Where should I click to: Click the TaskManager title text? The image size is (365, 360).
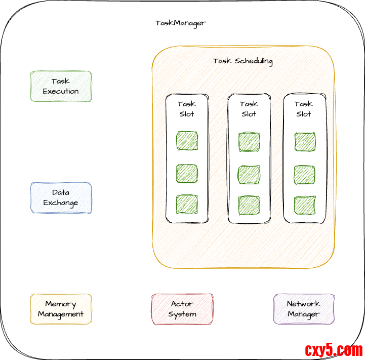180,23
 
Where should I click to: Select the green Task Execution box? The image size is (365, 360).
61,86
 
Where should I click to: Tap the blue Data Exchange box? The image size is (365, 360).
61,197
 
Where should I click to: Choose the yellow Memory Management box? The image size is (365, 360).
61,309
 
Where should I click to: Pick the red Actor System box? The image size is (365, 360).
182,309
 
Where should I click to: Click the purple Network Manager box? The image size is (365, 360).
304,309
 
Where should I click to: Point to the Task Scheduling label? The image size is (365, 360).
243,61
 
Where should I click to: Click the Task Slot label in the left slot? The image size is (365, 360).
187,109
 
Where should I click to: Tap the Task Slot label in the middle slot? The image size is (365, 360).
249,109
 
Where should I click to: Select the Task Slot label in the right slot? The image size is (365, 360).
304,109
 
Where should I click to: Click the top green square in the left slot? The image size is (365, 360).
187,141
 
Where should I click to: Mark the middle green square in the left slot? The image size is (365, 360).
187,173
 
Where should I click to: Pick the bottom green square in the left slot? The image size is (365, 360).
187,204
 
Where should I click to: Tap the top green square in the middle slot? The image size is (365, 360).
249,141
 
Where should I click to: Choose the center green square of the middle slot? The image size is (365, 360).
249,174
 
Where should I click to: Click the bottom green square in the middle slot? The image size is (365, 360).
249,205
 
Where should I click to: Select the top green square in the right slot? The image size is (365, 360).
304,141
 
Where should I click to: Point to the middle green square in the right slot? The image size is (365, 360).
304,174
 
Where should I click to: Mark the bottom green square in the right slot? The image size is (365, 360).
304,205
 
